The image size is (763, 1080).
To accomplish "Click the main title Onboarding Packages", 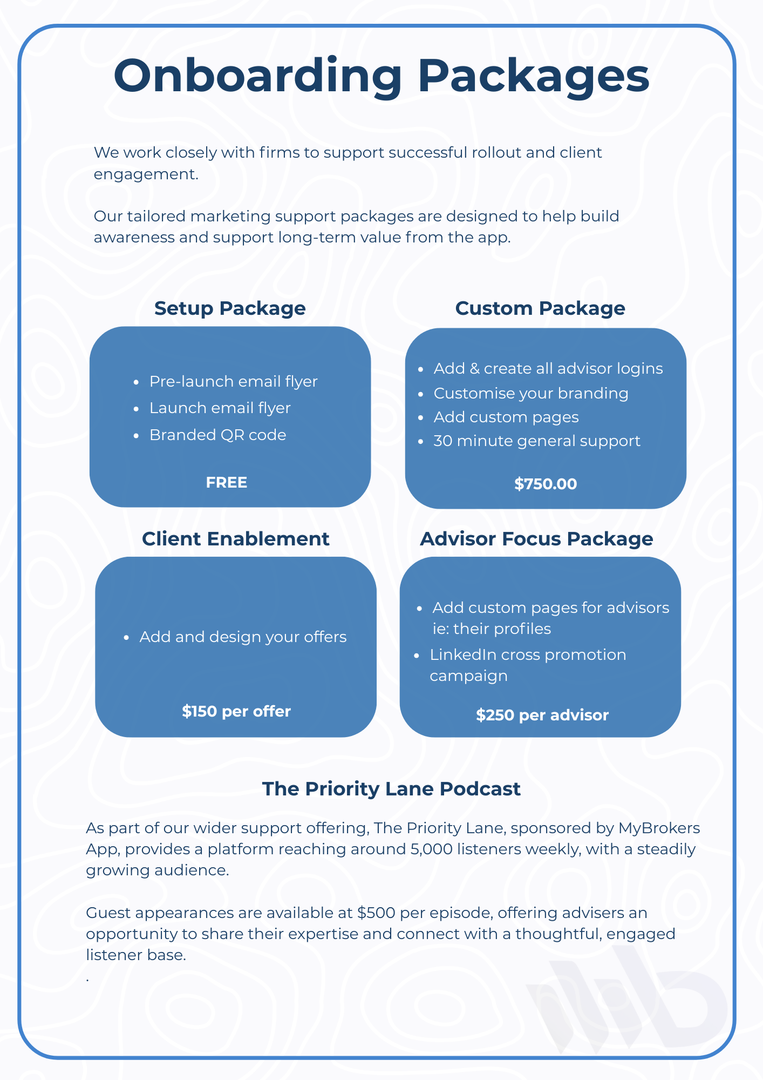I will pyautogui.click(x=381, y=76).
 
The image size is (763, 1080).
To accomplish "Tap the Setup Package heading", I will pyautogui.click(x=230, y=308).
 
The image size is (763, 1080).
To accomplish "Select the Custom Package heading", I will pyautogui.click(x=540, y=308).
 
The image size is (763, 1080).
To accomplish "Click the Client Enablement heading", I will pyautogui.click(x=235, y=539).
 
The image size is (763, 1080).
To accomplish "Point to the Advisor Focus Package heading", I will pyautogui.click(x=536, y=539).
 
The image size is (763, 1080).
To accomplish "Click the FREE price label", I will pyautogui.click(x=227, y=482).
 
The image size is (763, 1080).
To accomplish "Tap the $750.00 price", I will pyautogui.click(x=546, y=484).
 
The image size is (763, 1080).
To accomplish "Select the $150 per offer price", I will pyautogui.click(x=236, y=711).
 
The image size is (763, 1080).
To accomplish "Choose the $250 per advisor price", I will pyautogui.click(x=542, y=715).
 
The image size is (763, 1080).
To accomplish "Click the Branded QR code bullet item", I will pyautogui.click(x=217, y=435).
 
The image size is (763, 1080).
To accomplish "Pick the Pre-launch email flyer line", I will pyautogui.click(x=233, y=381).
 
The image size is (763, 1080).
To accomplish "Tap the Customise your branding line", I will pyautogui.click(x=531, y=393).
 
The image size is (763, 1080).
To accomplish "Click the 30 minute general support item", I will pyautogui.click(x=537, y=441).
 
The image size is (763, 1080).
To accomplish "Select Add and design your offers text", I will pyautogui.click(x=243, y=637).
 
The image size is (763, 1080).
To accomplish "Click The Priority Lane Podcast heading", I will pyautogui.click(x=391, y=789).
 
